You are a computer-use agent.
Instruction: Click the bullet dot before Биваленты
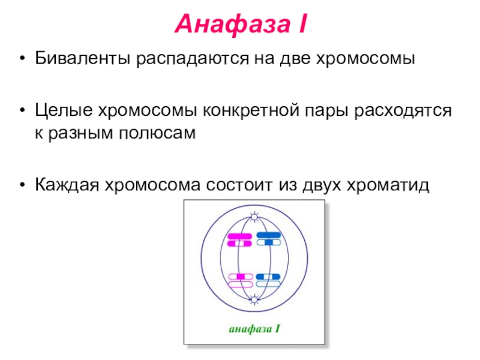[x=23, y=61]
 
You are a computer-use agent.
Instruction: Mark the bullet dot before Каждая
[x=23, y=185]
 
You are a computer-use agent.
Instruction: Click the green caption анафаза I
[x=254, y=329]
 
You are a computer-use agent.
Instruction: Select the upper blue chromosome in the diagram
[x=268, y=238]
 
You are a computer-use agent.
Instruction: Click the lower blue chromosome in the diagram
[x=268, y=280]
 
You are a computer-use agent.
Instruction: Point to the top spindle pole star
[x=254, y=215]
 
